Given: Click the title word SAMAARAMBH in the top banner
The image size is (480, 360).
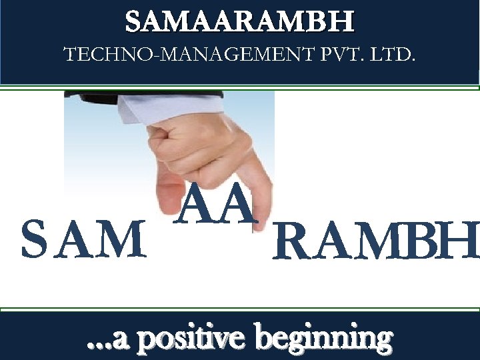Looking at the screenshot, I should click(x=240, y=23).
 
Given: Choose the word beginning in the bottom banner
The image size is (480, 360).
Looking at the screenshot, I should click(x=325, y=339).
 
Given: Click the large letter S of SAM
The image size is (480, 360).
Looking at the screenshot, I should click(x=33, y=239).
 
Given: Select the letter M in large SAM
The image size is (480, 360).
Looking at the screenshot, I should click(x=123, y=240).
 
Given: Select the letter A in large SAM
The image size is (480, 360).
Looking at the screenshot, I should click(x=75, y=240).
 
